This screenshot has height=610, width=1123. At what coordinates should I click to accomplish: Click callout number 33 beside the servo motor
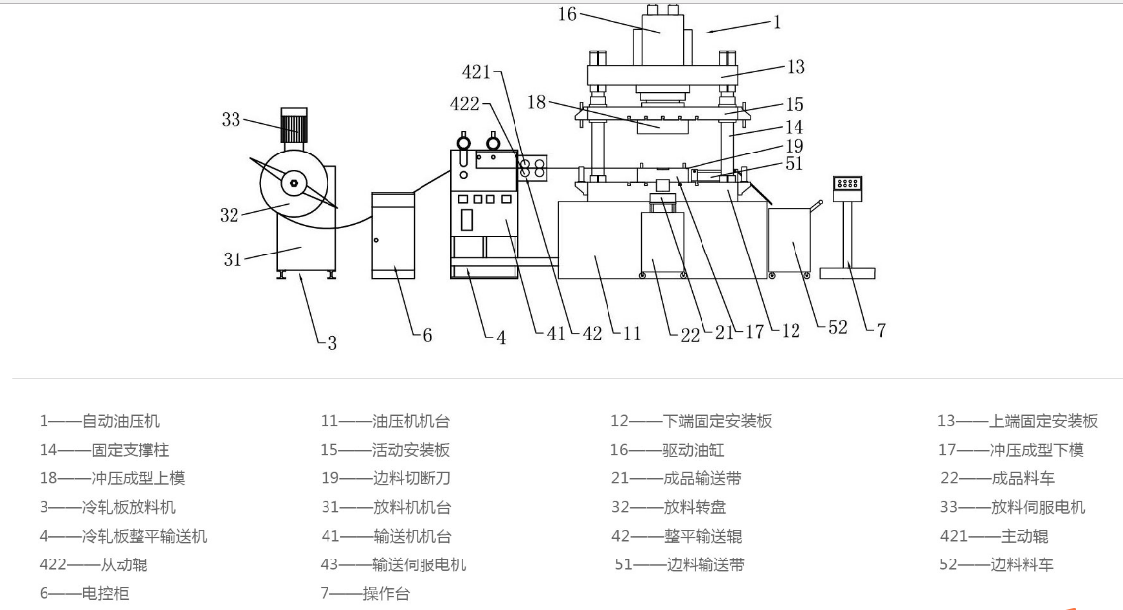pos(231,120)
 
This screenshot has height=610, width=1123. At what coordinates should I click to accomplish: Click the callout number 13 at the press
pos(795,67)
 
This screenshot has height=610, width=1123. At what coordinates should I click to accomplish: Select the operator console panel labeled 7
pos(848,185)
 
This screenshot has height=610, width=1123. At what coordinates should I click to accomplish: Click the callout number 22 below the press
pos(689,333)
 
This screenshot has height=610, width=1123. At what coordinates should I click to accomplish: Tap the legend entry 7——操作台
pos(364,594)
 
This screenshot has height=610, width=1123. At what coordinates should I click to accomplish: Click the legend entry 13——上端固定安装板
pos(1017,421)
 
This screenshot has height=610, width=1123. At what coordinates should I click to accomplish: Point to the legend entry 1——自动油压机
pos(99,421)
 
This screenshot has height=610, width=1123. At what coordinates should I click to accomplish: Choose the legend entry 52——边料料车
pos(996,564)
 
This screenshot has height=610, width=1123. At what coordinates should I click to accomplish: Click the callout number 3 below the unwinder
pos(332,343)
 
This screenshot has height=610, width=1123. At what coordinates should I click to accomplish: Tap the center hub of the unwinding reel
pos(294,183)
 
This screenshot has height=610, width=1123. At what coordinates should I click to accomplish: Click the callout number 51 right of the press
pos(795,164)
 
